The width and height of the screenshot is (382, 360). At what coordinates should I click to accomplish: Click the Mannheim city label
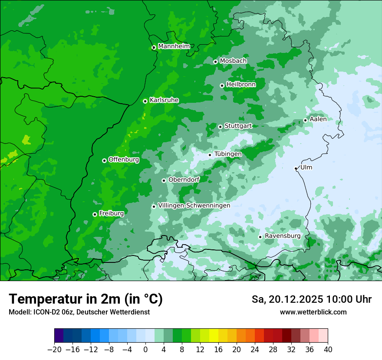pyautogui.click(x=174, y=46)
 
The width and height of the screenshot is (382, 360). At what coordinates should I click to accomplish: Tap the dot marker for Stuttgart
pyautogui.click(x=220, y=127)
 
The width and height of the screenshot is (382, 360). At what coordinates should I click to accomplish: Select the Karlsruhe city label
pyautogui.click(x=164, y=100)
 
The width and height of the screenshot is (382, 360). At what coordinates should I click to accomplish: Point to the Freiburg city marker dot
pyautogui.click(x=95, y=214)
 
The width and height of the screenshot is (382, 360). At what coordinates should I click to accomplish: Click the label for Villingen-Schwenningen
pyautogui.click(x=194, y=206)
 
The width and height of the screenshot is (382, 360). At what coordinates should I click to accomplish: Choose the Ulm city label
pyautogui.click(x=306, y=167)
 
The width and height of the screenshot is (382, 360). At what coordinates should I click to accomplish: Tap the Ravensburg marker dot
pyautogui.click(x=260, y=237)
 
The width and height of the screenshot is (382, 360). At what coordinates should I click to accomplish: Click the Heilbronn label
pyautogui.click(x=241, y=85)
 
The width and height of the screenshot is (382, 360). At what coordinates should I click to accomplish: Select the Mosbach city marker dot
pyautogui.click(x=215, y=62)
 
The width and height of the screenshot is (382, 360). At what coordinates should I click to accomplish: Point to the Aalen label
pyautogui.click(x=318, y=119)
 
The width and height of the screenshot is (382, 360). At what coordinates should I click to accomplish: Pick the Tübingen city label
pyautogui.click(x=228, y=154)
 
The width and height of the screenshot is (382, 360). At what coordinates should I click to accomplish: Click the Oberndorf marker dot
pyautogui.click(x=164, y=180)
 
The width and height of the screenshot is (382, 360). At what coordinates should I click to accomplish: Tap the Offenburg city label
pyautogui.click(x=124, y=160)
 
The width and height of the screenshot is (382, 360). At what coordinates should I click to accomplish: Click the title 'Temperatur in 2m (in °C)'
pyautogui.click(x=86, y=299)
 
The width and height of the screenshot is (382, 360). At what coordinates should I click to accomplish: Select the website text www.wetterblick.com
pyautogui.click(x=313, y=312)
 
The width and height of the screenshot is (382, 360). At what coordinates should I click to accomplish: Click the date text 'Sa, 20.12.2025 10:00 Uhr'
pyautogui.click(x=311, y=299)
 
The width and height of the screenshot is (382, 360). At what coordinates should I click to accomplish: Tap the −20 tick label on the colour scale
pyautogui.click(x=54, y=350)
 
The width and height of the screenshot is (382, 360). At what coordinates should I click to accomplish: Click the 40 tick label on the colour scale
pyautogui.click(x=328, y=350)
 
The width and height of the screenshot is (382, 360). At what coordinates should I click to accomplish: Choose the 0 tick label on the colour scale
pyautogui.click(x=145, y=350)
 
